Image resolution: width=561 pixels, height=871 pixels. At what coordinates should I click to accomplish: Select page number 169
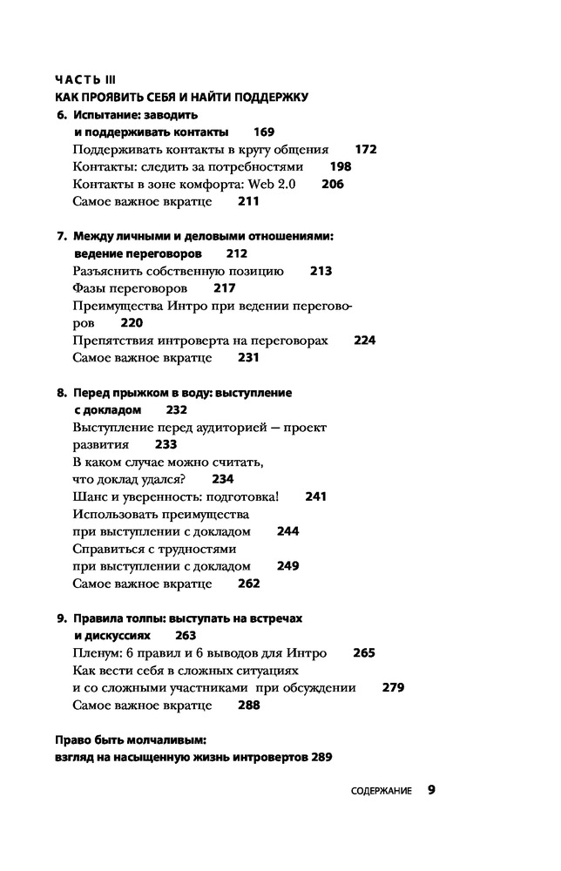coord(264,132)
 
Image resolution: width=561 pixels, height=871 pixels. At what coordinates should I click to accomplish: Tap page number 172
coord(366,149)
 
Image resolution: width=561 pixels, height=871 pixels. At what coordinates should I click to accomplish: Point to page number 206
coord(333,184)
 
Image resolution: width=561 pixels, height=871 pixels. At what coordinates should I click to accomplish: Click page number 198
coord(341,166)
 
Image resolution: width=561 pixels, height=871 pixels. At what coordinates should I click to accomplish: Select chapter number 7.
coord(60,236)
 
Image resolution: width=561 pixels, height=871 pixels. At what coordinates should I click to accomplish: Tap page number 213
coord(321,271)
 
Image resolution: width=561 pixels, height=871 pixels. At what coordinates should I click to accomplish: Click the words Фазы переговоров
coord(129,288)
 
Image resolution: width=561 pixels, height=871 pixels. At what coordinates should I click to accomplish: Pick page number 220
coord(132,322)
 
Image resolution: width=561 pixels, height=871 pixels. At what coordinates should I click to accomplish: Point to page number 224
coord(365,340)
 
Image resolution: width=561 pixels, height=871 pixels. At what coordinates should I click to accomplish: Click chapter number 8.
coord(60,393)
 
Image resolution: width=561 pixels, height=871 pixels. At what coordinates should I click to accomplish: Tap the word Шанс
coord(90,496)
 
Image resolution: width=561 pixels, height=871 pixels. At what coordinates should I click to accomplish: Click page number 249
coord(287,565)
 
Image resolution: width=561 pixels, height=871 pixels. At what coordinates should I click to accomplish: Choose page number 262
coord(249,583)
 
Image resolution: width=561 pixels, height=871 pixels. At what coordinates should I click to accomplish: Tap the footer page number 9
coord(431,790)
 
